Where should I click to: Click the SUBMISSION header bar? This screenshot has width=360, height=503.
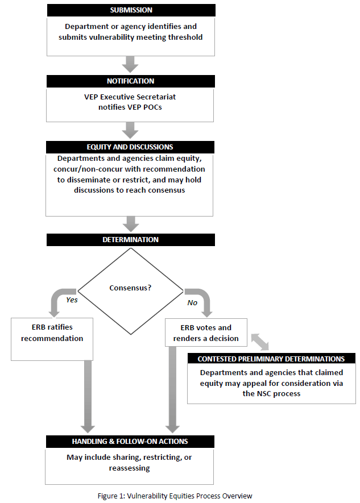tap(131, 10)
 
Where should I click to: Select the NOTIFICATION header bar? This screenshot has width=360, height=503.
tap(131, 81)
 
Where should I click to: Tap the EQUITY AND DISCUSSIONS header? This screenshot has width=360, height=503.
tap(130, 147)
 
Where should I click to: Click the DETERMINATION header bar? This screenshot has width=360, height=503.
tap(131, 240)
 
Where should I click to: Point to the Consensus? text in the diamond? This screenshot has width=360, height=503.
tap(130, 288)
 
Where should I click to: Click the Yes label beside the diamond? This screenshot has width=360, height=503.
tap(72, 300)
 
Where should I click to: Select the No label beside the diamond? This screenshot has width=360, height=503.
tap(192, 302)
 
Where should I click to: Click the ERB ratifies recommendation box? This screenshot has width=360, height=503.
tap(52, 339)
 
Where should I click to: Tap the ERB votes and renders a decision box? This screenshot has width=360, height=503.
tap(206, 332)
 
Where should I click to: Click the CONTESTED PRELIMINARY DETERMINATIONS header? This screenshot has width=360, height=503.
tap(271, 359)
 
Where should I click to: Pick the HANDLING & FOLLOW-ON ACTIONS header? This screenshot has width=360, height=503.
tap(130, 442)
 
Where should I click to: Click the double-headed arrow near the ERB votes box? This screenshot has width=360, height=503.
tap(260, 342)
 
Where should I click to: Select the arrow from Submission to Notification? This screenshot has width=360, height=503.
tap(130, 64)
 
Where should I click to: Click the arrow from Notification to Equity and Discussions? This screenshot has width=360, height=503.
tap(130, 130)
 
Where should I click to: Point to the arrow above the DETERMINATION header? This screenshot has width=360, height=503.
tap(131, 224)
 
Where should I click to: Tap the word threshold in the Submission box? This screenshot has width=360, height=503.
tap(185, 37)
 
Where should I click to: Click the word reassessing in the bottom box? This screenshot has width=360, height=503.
tap(129, 468)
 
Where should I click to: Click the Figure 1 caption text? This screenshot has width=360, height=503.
tap(175, 496)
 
